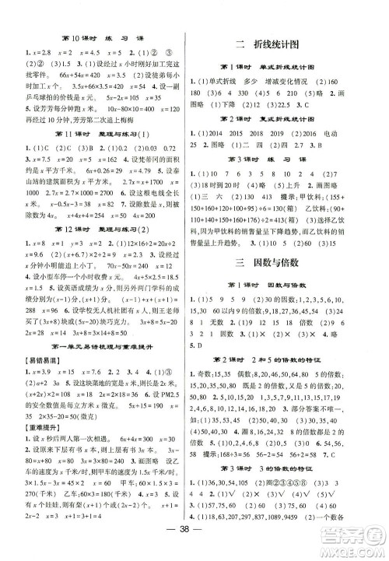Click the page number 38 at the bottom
tap(195, 546)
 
